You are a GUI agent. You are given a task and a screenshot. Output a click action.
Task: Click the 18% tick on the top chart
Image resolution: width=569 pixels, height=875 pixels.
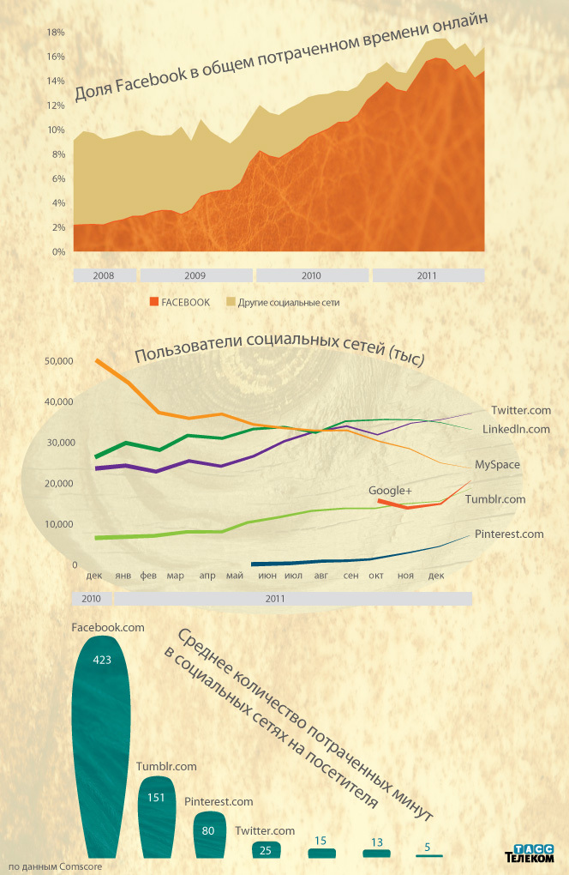[56, 33]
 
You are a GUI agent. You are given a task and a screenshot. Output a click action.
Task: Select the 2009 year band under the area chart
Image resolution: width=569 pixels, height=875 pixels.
[195, 276]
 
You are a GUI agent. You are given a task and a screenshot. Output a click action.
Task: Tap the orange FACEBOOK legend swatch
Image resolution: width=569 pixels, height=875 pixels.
[154, 302]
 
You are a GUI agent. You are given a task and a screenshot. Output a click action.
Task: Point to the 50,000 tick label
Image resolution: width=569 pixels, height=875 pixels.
[60, 362]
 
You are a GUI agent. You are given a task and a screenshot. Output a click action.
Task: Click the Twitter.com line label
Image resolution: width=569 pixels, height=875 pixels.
[521, 411]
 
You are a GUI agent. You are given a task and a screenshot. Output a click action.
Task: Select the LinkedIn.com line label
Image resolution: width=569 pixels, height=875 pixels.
[516, 429]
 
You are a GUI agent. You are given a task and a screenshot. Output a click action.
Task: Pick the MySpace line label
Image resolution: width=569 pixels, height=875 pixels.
[498, 465]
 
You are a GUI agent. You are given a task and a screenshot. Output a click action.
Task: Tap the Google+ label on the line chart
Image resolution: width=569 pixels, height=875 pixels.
[391, 491]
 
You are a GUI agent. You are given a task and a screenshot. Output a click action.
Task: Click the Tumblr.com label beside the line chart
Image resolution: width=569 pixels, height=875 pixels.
[495, 499]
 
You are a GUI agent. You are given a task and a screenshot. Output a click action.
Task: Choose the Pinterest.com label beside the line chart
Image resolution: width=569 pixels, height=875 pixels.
[509, 534]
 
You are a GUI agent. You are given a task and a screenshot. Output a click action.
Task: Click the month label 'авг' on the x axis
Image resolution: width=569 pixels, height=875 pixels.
[322, 576]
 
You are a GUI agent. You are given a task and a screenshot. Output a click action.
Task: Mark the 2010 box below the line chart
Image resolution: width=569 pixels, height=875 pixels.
[92, 597]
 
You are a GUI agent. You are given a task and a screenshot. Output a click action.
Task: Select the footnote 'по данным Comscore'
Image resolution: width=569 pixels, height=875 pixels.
[55, 866]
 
